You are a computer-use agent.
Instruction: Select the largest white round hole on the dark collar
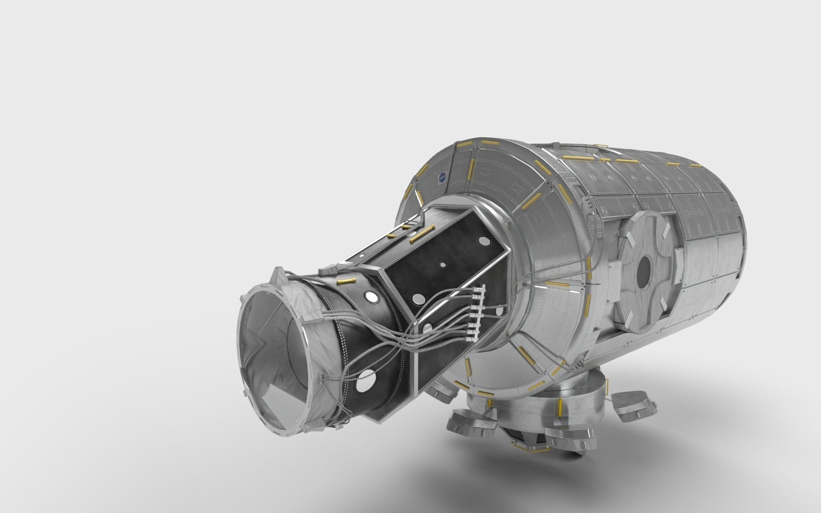367,379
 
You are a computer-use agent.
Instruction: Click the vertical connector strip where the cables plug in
478,312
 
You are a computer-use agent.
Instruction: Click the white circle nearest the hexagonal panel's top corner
484,242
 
